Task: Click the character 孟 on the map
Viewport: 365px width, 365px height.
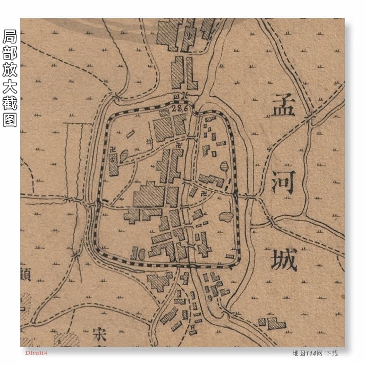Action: coord(283,105)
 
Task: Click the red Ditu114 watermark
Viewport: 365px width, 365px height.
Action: coord(36,353)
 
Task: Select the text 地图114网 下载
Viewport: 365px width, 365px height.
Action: coord(315,353)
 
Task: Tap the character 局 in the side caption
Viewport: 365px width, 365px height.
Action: coord(10,37)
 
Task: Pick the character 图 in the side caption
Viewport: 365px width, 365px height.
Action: coord(10,120)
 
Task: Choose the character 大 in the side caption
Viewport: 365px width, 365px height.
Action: coord(10,87)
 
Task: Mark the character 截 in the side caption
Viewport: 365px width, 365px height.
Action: coord(10,103)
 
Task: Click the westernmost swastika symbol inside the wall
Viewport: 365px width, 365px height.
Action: coord(113,150)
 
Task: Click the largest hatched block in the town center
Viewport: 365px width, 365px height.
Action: coord(149,195)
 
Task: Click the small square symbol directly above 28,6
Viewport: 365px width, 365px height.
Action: coord(177,96)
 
